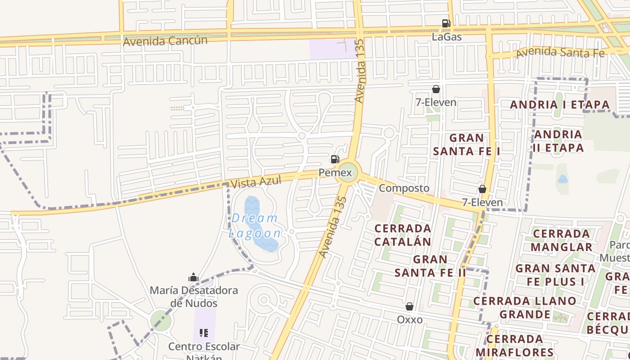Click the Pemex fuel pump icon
click(x=335, y=159)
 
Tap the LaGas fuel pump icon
click(x=446, y=23)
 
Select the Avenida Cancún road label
click(x=165, y=41)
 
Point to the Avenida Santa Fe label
click(x=560, y=52)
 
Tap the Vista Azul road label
click(x=256, y=182)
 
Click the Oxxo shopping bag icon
click(x=409, y=306)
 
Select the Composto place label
click(x=404, y=188)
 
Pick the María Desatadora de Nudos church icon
click(x=193, y=277)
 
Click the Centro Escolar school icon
click(x=204, y=333)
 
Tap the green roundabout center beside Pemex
click(x=348, y=172)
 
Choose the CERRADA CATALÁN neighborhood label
click(x=403, y=235)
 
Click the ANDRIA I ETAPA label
click(x=560, y=105)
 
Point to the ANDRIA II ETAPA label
click(x=558, y=141)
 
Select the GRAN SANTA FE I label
click(x=467, y=144)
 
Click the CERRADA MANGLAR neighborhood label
click(x=561, y=240)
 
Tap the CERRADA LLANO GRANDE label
click(x=525, y=307)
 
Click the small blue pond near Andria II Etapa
click(x=562, y=179)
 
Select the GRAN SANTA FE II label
click(x=430, y=266)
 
